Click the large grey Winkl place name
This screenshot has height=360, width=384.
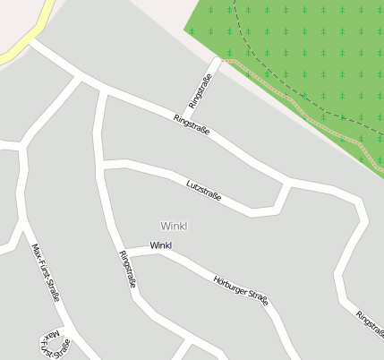[173, 225]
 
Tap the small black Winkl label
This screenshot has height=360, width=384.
[161, 245]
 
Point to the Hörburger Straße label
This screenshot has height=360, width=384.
[242, 291]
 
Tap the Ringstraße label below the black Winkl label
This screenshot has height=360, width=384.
[128, 269]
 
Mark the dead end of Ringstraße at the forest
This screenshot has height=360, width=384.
[217, 60]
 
